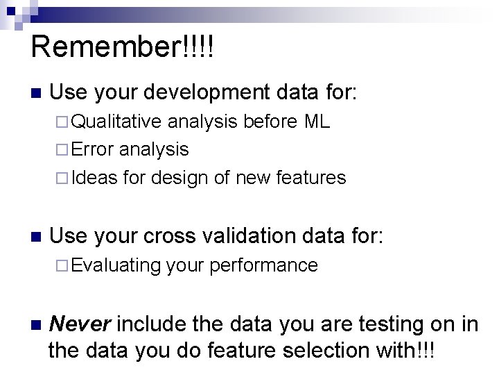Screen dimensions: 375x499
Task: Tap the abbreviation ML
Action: pyautogui.click(x=317, y=123)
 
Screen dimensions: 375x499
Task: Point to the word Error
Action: pyautogui.click(x=94, y=149)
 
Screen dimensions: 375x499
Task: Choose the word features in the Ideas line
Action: pyautogui.click(x=311, y=178)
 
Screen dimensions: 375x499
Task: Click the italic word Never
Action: pyautogui.click(x=82, y=324)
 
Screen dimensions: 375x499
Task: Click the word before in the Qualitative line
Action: pyautogui.click(x=271, y=123)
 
